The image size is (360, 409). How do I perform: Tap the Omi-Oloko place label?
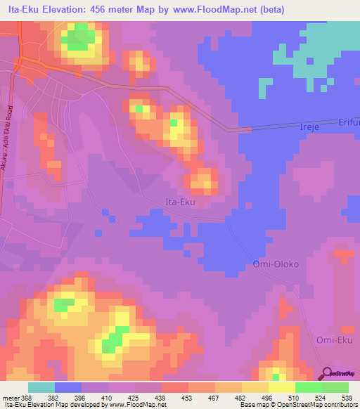point(276,265)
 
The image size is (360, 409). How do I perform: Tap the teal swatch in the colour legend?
point(41,387)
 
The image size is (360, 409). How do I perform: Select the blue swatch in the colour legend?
point(68,387)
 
